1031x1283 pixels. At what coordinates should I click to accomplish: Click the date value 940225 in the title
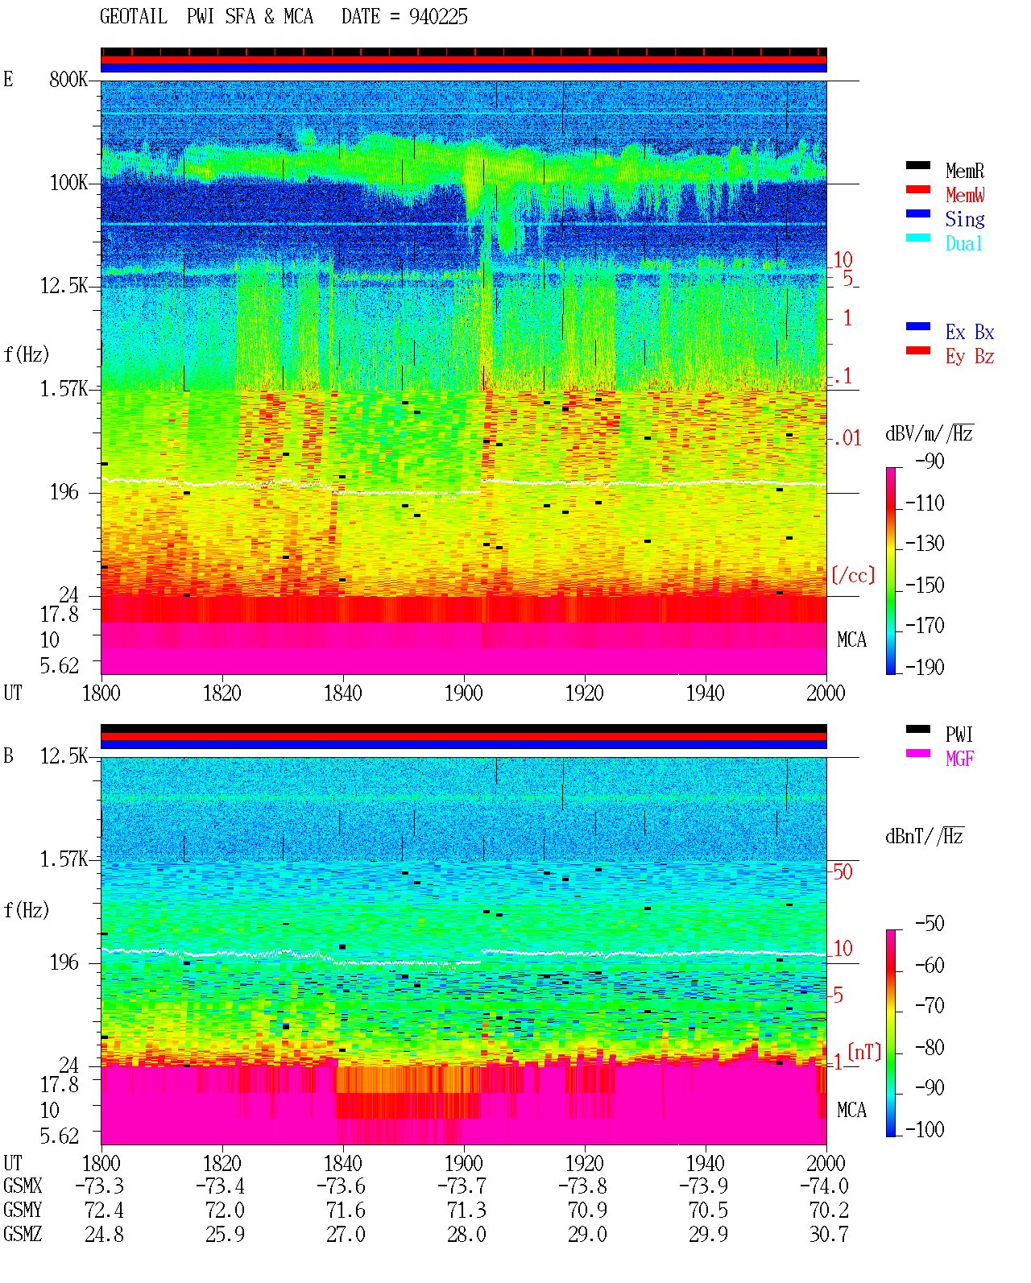[x=438, y=17]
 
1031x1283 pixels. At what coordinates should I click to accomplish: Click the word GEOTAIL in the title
[x=134, y=17]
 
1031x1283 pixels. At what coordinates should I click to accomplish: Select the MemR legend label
[x=965, y=171]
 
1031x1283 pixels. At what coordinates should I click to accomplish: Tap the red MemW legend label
[x=965, y=195]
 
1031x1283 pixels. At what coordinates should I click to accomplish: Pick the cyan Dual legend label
[x=964, y=243]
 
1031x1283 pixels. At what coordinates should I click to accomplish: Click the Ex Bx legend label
[x=970, y=332]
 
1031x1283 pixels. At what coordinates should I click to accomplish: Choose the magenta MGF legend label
[x=959, y=759]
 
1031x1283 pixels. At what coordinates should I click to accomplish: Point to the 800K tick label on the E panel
[x=68, y=79]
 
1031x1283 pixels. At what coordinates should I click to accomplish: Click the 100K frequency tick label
[x=68, y=183]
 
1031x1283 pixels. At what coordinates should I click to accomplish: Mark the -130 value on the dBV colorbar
[x=925, y=544]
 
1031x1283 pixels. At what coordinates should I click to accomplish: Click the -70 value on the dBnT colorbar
[x=930, y=1006]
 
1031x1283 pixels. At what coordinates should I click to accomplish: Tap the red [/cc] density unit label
[x=853, y=575]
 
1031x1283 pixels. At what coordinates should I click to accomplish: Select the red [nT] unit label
[x=864, y=1052]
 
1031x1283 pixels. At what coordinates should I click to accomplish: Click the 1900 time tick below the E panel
[x=463, y=693]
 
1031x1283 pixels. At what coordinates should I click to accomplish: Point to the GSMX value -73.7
[x=462, y=1186]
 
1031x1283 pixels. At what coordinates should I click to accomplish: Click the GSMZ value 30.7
[x=829, y=1234]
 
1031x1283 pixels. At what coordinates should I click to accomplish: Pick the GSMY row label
[x=23, y=1211]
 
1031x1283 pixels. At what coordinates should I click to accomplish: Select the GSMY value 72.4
[x=105, y=1211]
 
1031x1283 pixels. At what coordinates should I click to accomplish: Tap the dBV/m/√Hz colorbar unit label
[x=930, y=433]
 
